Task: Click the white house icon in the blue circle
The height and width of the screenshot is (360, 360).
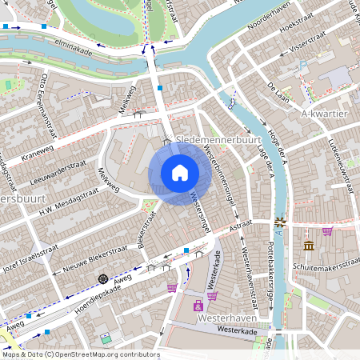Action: pos(180,172)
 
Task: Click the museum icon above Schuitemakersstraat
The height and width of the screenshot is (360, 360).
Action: pos(309,244)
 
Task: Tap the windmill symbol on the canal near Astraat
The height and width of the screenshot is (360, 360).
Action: pos(280,222)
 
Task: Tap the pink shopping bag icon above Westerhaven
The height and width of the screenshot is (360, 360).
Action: pos(212,295)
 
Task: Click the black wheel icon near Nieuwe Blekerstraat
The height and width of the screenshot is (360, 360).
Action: pos(102,278)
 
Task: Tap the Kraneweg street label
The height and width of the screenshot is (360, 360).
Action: pos(38,152)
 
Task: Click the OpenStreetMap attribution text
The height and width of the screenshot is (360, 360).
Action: pos(80,353)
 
